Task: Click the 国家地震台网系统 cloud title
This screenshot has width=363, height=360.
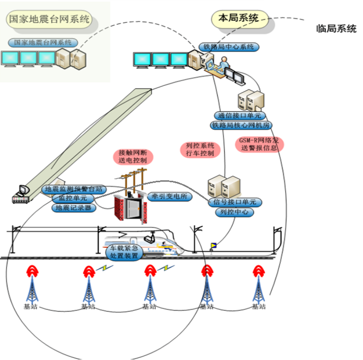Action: pos(49,20)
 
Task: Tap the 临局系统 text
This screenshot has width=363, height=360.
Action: pos(337,29)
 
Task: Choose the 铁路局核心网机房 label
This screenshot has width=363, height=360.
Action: pos(240,125)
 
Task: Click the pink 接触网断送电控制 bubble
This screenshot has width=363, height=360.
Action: pos(133,156)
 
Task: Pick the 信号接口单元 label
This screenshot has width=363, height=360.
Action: pos(235,202)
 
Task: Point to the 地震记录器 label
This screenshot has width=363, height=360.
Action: pos(74,207)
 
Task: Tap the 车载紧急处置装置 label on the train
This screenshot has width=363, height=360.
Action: pos(123,251)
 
